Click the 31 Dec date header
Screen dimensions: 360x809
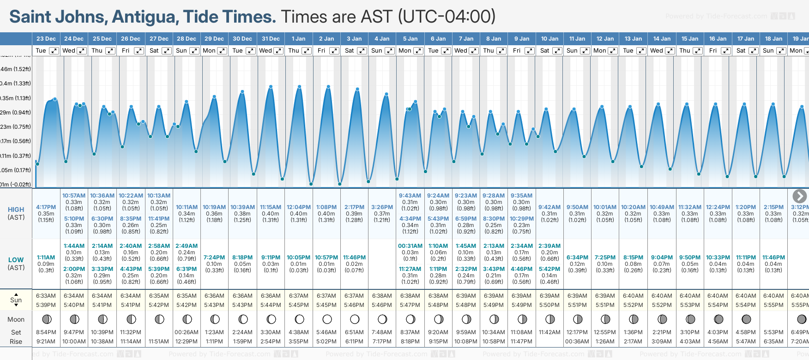(271, 39)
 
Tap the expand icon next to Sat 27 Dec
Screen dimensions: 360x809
(167, 51)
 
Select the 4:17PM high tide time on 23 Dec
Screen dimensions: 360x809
(46, 207)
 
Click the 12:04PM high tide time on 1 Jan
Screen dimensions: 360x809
(299, 207)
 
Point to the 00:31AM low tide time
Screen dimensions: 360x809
(410, 246)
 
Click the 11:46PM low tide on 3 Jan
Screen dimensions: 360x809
(354, 258)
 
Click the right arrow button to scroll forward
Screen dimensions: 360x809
(799, 196)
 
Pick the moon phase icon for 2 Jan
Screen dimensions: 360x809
(327, 319)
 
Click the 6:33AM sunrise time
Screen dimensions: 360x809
(46, 296)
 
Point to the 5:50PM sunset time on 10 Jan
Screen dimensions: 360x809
(549, 305)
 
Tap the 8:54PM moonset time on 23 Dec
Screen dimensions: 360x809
(46, 332)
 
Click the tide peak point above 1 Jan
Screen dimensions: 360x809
(299, 87)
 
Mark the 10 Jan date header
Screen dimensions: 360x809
(549, 39)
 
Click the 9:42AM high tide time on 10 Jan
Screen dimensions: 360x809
(549, 207)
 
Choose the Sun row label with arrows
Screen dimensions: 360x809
(16, 300)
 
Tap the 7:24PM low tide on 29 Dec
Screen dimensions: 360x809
(214, 258)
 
